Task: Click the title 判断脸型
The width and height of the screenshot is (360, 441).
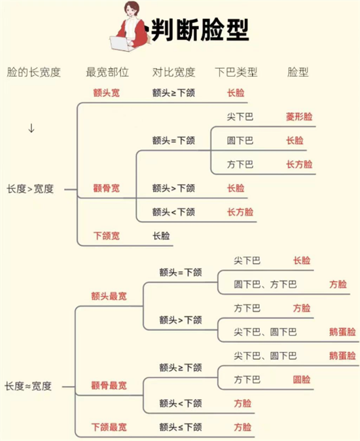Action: (200, 29)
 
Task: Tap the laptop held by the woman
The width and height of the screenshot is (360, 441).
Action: (122, 44)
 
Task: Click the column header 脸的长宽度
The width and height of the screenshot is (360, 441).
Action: (34, 72)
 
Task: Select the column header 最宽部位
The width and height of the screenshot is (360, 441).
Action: (107, 72)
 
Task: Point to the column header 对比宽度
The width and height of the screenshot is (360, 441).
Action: (173, 72)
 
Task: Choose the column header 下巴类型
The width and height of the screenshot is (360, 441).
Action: (236, 72)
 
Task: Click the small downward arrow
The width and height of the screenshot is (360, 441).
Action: (31, 128)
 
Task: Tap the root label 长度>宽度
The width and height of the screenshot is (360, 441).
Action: (30, 189)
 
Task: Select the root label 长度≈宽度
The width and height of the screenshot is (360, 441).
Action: (28, 386)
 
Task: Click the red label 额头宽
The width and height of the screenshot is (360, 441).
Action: (107, 93)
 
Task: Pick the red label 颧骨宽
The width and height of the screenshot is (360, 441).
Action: (107, 188)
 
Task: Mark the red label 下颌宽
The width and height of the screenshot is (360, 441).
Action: (107, 236)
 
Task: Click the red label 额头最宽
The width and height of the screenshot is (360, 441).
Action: (109, 296)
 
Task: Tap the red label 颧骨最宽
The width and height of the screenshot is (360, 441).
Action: (109, 385)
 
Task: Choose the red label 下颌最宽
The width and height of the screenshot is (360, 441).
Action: (109, 427)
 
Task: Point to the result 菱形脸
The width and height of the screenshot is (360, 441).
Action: (299, 117)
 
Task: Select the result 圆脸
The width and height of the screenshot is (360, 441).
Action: (302, 379)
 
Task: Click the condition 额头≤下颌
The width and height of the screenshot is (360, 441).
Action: (181, 427)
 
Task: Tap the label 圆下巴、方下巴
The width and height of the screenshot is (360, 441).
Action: (265, 284)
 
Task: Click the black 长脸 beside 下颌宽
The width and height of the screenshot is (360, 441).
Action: (161, 236)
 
